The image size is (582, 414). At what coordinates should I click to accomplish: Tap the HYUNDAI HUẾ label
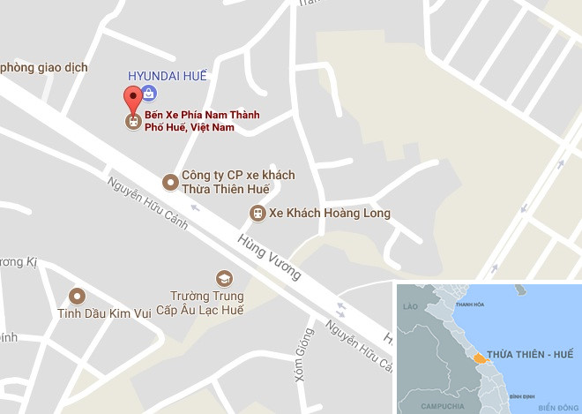coord(168,76)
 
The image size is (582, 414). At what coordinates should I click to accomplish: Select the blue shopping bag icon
coord(150,92)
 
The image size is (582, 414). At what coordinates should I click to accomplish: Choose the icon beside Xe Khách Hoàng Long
coord(257,213)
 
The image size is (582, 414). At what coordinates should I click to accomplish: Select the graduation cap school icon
coord(224,278)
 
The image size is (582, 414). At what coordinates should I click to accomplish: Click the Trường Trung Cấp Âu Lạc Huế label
coord(207,303)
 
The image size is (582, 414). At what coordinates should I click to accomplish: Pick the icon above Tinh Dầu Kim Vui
coord(78,296)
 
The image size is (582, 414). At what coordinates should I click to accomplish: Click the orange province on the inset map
coord(480,358)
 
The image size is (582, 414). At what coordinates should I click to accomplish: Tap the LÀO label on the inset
coord(409,306)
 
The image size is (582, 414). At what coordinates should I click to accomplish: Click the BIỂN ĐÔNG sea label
coord(557,407)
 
